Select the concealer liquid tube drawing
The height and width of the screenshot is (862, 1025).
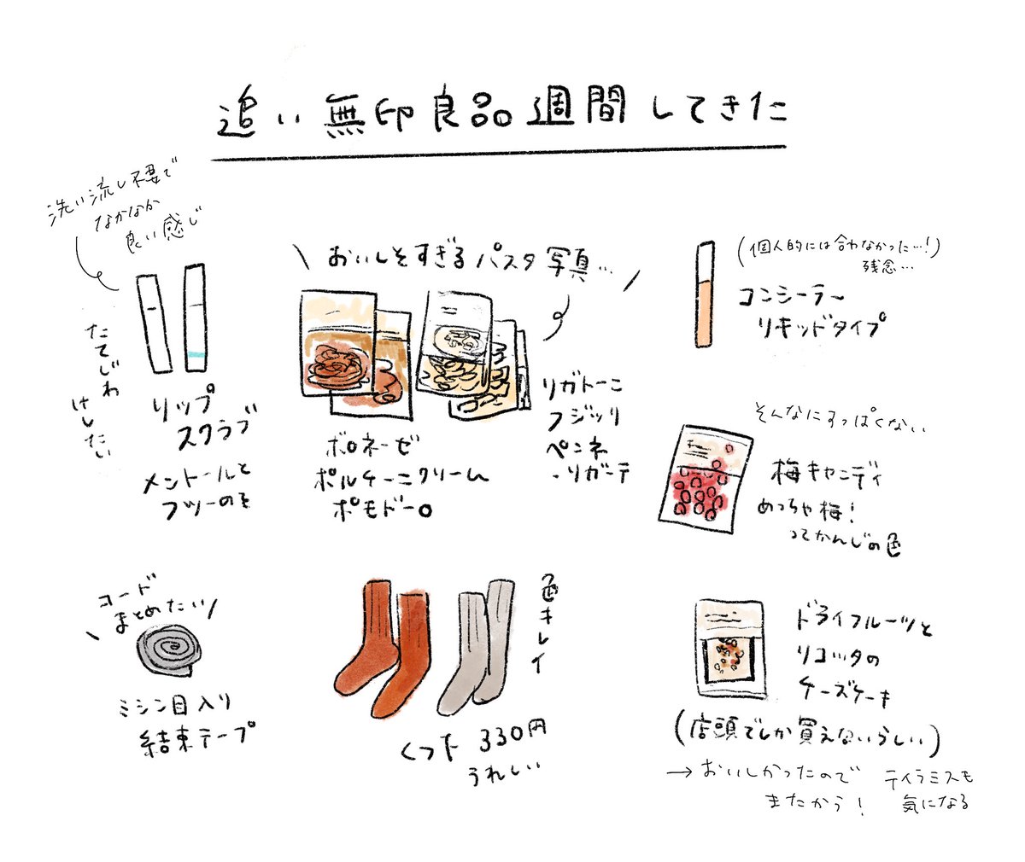705,294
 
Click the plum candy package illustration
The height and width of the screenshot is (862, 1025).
706,477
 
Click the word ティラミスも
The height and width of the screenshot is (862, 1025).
931,778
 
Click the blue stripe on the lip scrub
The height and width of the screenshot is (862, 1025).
195,354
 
